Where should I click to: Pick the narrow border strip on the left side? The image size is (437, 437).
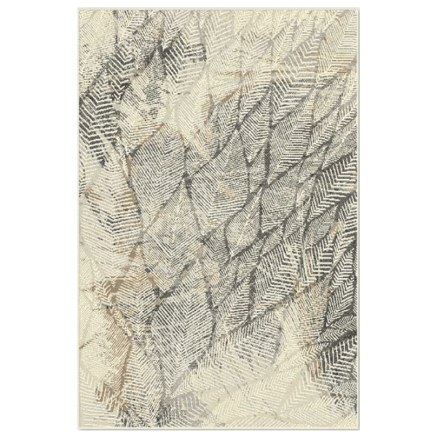(x=76, y=219)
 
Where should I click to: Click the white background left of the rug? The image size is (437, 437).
(x=36, y=219)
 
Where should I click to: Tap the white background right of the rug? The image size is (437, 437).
(x=401, y=219)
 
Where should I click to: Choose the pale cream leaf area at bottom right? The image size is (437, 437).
(x=320, y=379)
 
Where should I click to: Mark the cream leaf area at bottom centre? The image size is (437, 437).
(x=219, y=386)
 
